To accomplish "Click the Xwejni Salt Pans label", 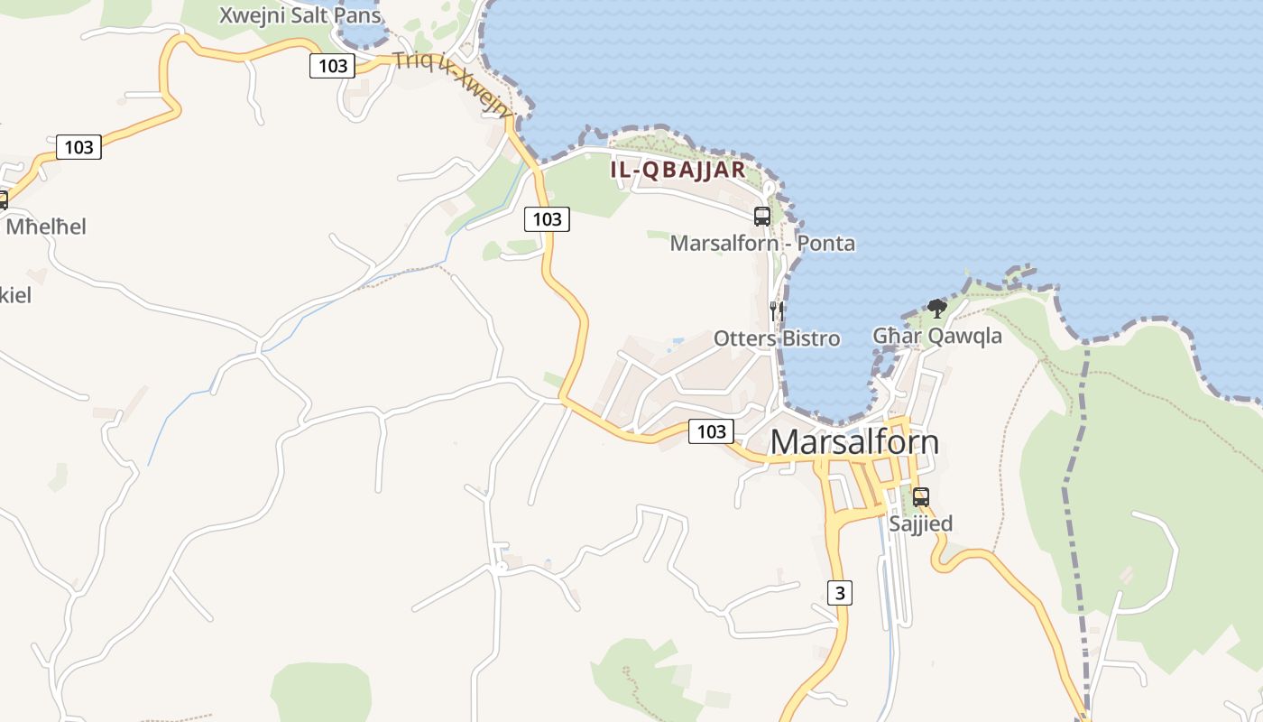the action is coord(300,15).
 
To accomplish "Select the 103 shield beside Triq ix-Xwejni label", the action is coord(333,65).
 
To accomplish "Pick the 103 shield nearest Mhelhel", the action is coord(78,147).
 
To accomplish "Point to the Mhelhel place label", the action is coord(46,227).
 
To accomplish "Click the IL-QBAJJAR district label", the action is coord(678,170).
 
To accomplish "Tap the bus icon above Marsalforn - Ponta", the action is coord(762,216).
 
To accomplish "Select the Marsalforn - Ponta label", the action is coord(762,244).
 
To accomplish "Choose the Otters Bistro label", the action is coord(777,338).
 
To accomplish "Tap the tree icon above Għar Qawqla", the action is coord(937,309).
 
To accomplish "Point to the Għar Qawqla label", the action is coord(937,337).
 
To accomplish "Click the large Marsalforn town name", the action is coord(854,442).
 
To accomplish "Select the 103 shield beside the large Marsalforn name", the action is coord(711,431).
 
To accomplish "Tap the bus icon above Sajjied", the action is coord(920,497).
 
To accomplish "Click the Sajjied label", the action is coord(920,523).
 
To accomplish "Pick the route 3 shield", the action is coord(840,593).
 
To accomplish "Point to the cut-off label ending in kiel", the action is coord(15,294).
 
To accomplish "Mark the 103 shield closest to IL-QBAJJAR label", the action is coord(547,218).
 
